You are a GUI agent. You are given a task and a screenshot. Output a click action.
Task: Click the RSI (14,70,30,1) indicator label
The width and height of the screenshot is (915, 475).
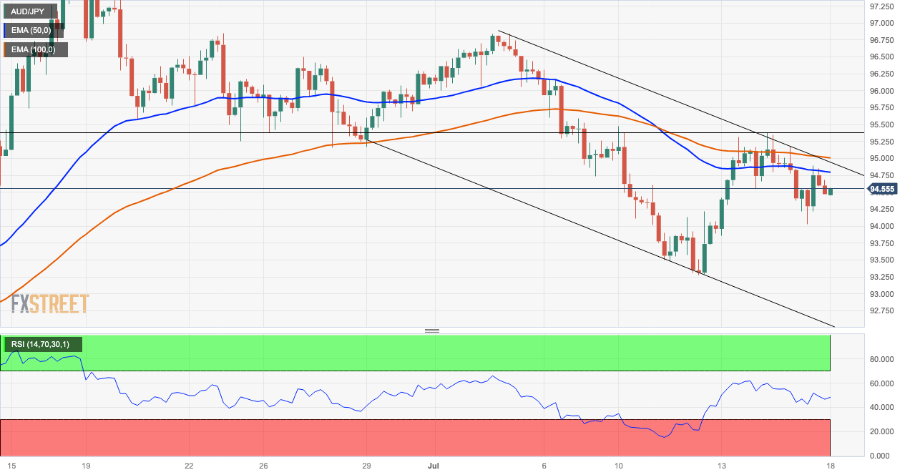[40, 345]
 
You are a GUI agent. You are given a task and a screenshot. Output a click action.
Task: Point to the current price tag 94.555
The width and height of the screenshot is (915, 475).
[882, 190]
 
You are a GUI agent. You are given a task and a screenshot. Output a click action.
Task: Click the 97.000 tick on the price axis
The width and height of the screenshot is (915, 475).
[881, 23]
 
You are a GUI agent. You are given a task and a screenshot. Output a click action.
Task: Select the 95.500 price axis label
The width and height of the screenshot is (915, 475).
[881, 124]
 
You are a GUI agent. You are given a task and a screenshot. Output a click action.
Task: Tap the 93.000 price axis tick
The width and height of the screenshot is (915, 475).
[881, 294]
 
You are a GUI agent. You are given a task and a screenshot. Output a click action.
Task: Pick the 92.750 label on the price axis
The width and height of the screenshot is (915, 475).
[881, 311]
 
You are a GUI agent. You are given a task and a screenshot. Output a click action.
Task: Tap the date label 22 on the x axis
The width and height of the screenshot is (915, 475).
[189, 465]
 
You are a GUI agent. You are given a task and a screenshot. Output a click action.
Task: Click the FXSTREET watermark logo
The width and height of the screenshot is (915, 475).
[50, 303]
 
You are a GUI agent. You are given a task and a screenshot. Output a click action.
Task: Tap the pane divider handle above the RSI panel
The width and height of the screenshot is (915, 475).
[431, 330]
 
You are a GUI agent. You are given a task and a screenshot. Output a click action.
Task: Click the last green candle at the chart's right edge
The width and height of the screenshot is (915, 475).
[830, 191]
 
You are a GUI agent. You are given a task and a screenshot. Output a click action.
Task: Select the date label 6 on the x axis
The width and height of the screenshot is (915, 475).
[544, 465]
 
